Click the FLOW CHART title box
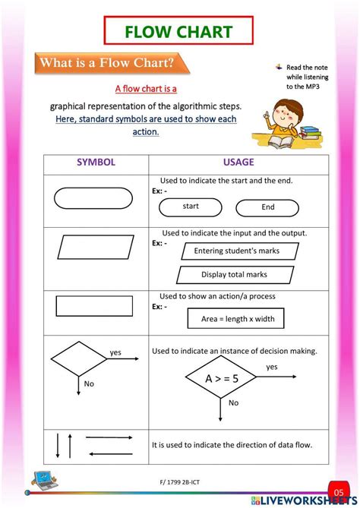(x=179, y=31)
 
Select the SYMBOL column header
(x=96, y=162)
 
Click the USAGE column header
(x=238, y=162)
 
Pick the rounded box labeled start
(x=191, y=207)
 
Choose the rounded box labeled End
(x=267, y=207)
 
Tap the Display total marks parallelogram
(x=234, y=275)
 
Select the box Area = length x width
(x=238, y=319)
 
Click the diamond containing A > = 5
(x=223, y=377)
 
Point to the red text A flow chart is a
(x=146, y=89)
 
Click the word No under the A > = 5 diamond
(x=234, y=402)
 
